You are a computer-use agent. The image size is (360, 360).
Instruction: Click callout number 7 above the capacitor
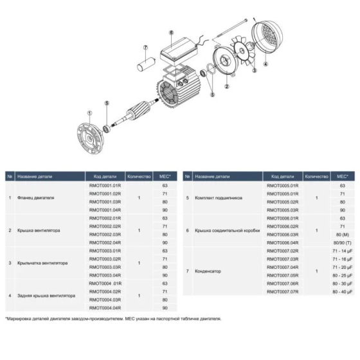(145, 48)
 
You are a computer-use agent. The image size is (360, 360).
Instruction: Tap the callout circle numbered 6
(172, 32)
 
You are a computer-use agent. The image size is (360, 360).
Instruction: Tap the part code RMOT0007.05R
(283, 274)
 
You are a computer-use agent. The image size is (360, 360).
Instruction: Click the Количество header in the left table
(139, 175)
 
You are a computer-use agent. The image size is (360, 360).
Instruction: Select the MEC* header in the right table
(342, 175)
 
